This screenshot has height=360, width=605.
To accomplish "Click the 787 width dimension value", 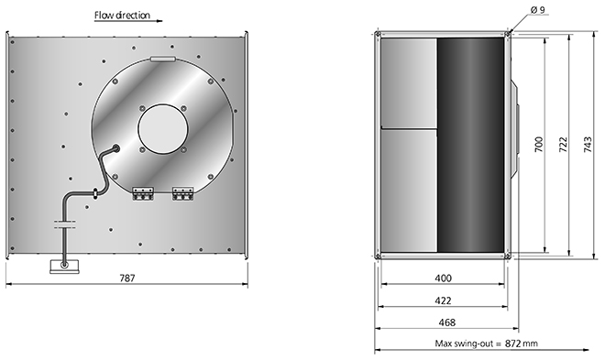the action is coord(127,278).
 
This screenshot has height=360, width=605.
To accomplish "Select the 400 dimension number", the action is coord(443,278).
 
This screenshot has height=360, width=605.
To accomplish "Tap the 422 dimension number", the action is coord(443,300).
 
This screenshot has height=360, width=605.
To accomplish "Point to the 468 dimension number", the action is coord(447,322).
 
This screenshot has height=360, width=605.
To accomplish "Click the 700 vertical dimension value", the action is coord(539,144).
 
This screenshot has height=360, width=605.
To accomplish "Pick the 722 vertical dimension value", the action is coord(564,144).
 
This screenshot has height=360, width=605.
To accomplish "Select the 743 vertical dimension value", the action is coord(588,144).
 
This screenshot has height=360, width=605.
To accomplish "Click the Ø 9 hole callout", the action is coord(537,10).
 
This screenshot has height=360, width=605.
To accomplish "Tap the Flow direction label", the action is coord(122,15).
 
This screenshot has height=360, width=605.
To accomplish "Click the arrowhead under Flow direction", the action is coord(159,21).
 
